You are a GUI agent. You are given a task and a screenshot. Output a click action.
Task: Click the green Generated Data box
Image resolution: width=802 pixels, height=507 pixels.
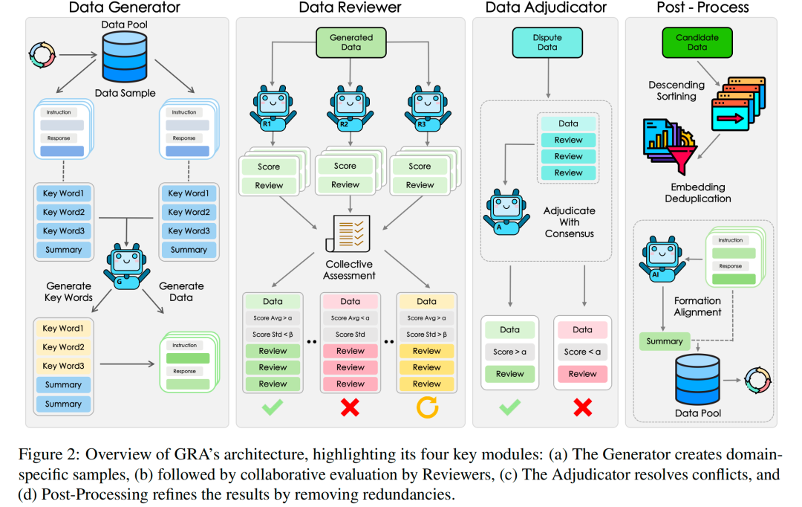pyautogui.click(x=351, y=42)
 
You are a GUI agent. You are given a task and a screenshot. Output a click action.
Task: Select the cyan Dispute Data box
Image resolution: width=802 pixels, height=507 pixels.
pyautogui.click(x=547, y=42)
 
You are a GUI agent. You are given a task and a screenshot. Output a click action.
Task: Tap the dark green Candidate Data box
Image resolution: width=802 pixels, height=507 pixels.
pyautogui.click(x=697, y=42)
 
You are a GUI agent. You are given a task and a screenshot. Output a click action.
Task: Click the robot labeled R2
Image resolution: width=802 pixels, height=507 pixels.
pyautogui.click(x=351, y=109)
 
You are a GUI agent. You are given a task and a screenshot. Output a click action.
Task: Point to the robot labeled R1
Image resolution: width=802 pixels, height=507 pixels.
pyautogui.click(x=273, y=109)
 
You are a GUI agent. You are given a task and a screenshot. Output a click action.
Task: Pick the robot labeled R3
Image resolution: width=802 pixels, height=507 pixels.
pyautogui.click(x=428, y=109)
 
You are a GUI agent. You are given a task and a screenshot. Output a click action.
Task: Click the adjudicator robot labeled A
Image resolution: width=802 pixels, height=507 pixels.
pyautogui.click(x=506, y=212)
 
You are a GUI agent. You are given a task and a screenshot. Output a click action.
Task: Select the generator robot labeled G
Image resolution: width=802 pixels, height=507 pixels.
pyautogui.click(x=127, y=266)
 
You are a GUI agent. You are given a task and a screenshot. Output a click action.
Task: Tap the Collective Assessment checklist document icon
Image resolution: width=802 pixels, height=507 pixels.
pyautogui.click(x=348, y=233)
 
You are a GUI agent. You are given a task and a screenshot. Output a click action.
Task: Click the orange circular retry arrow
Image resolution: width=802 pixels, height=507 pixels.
pyautogui.click(x=427, y=407)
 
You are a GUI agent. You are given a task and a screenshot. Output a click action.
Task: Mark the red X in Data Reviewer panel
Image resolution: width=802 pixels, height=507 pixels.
pyautogui.click(x=350, y=407)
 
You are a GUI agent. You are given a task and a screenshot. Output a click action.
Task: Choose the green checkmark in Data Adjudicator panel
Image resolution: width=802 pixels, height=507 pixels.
pyautogui.click(x=510, y=407)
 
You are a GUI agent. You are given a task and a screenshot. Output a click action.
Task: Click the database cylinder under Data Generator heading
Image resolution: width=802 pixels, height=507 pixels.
pyautogui.click(x=125, y=56)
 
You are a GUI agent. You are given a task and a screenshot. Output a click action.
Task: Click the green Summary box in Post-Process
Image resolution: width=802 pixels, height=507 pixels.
pyautogui.click(x=665, y=341)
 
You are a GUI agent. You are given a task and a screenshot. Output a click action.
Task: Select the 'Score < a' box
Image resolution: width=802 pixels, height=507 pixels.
pyautogui.click(x=583, y=352)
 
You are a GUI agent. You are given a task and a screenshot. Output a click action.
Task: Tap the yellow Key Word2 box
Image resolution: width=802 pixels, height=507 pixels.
pyautogui.click(x=63, y=347)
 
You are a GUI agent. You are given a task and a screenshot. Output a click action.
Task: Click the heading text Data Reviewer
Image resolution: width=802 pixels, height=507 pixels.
pyautogui.click(x=350, y=7)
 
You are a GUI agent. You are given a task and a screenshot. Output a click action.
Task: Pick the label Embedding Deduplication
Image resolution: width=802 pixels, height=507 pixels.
pyautogui.click(x=697, y=193)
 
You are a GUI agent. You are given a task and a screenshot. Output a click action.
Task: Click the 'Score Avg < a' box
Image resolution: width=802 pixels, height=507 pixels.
pyautogui.click(x=351, y=318)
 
